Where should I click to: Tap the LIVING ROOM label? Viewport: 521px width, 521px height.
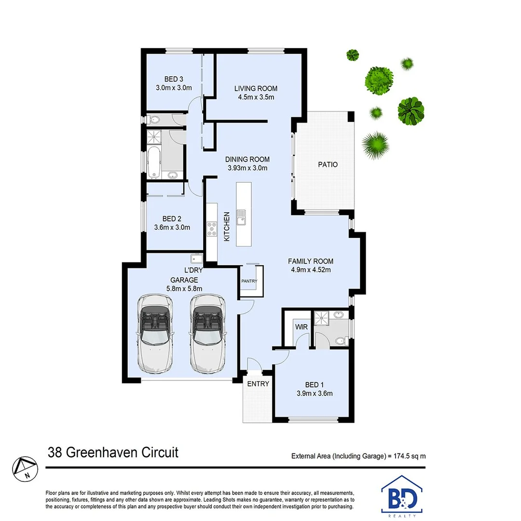256,88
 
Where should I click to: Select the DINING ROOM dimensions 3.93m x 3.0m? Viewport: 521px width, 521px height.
248,168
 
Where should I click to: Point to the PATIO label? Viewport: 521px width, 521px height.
328,165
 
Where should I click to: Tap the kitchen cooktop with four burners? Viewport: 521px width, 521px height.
212,228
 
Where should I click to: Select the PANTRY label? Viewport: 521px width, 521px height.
249,281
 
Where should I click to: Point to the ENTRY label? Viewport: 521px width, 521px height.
258,384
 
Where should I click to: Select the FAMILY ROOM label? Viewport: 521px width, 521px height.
311,261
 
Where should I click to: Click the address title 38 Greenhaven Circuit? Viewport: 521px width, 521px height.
113,452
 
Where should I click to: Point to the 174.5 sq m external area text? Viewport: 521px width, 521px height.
358,455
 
